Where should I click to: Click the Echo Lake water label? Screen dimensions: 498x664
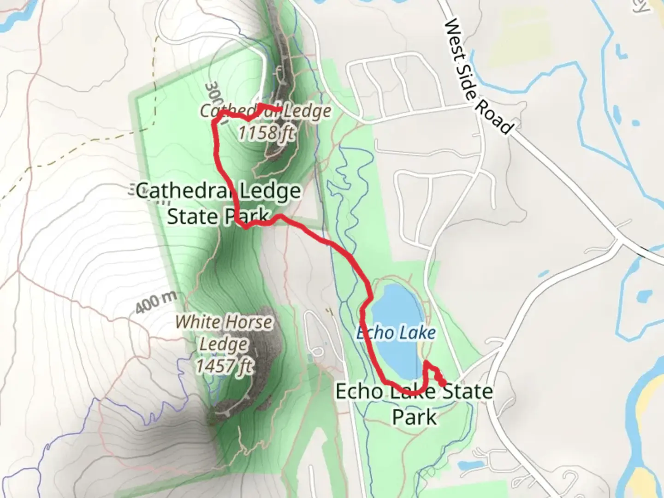396,332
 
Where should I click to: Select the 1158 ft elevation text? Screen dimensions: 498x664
266,133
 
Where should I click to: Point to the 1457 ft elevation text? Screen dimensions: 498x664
225,367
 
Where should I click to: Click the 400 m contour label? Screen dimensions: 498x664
156,303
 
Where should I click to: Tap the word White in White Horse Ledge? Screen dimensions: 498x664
198,322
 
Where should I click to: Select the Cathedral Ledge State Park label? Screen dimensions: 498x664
218,203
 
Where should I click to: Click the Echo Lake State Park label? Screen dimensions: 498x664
414,404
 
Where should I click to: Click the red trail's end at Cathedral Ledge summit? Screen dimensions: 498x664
280,109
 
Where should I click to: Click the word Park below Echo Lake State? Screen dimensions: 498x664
414,417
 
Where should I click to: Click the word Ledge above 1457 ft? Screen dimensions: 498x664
224,344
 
